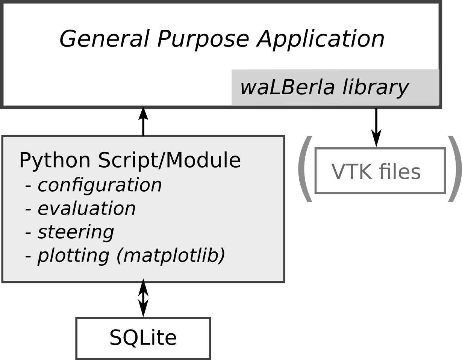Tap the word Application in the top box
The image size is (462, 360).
321,39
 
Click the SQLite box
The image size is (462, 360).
143,338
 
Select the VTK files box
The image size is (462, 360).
380,171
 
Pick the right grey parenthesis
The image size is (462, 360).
455,169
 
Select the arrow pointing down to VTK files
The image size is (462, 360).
376,128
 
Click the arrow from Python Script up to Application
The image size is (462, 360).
143,121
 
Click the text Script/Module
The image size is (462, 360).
169,160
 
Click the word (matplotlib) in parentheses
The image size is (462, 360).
171,256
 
